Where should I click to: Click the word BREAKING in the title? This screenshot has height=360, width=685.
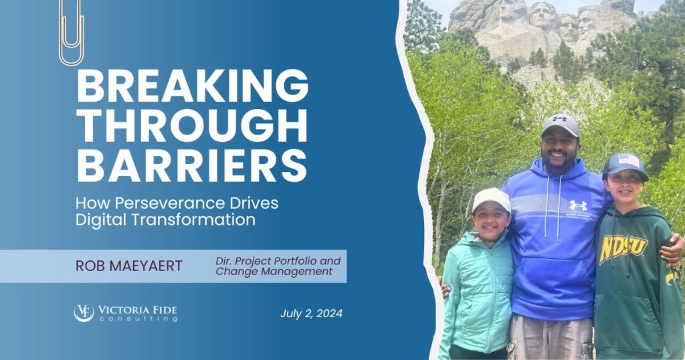(192, 86)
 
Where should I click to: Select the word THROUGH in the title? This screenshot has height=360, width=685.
(192, 126)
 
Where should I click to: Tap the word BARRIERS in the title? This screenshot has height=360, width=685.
(192, 165)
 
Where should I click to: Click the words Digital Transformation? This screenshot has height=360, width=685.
(165, 219)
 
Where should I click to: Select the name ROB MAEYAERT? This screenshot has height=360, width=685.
(129, 266)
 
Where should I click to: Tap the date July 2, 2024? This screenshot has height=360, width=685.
(312, 313)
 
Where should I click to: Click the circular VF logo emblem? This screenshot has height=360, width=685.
(84, 312)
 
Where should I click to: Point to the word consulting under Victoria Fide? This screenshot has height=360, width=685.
(138, 319)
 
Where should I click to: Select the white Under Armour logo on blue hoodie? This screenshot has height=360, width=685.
(578, 205)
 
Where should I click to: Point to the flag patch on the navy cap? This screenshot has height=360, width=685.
(629, 161)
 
